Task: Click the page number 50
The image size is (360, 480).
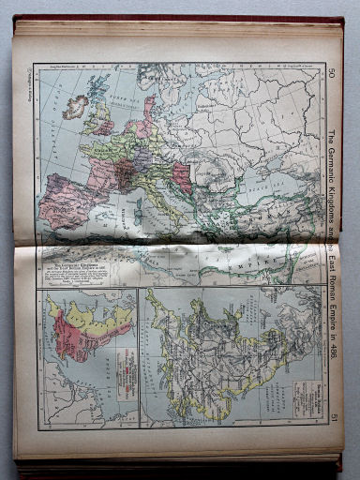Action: point(333,73)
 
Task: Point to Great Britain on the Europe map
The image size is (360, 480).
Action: point(97,109)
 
